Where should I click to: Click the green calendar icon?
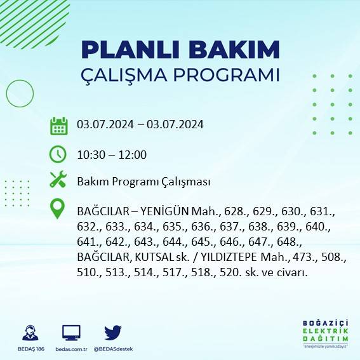pyautogui.click(x=58, y=125)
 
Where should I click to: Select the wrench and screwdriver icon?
pyautogui.click(x=58, y=180)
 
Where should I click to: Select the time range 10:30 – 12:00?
pyautogui.click(x=112, y=154)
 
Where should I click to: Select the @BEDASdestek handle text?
pyautogui.click(x=114, y=349)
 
